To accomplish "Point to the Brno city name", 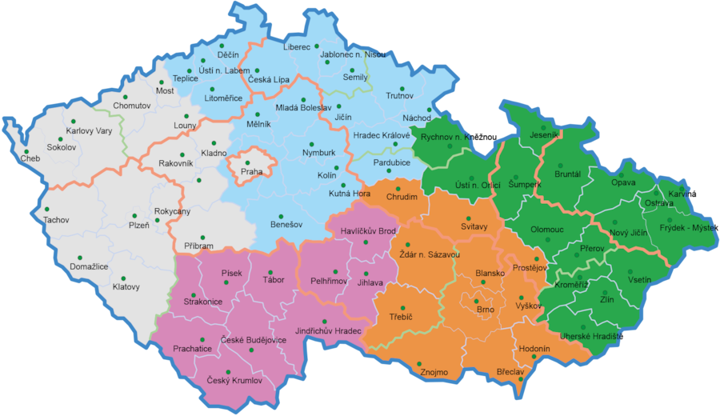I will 486,309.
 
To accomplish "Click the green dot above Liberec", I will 317,46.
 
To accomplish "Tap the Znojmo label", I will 435,371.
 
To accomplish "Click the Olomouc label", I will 547,229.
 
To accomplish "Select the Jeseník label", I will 544,136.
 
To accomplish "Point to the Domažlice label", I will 90,266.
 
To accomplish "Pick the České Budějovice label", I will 254,341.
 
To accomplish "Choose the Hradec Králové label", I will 382,135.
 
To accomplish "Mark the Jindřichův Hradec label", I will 328,330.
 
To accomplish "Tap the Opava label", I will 623,182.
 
